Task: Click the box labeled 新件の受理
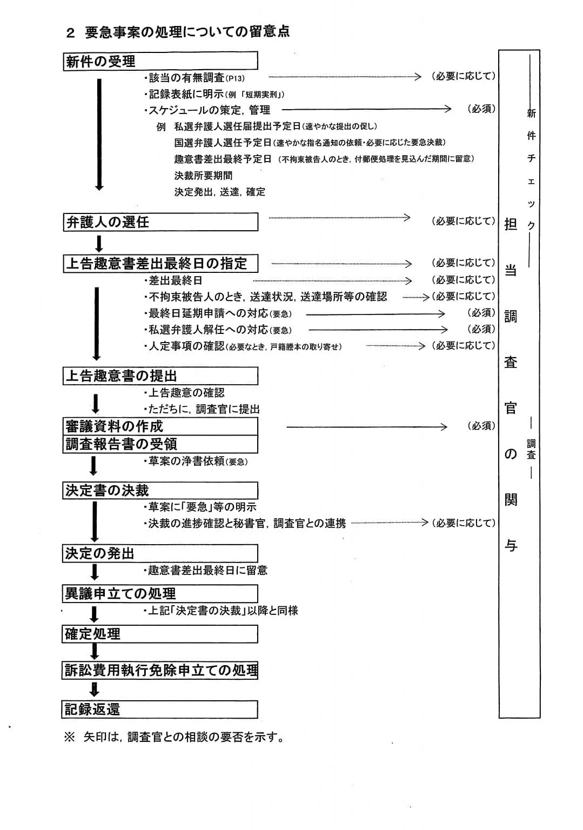pos(160,61)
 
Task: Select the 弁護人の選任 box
pos(160,222)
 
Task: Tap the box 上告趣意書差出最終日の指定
pos(160,263)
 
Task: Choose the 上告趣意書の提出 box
pos(160,376)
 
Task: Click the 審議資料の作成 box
pos(160,426)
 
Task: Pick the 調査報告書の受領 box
pos(160,444)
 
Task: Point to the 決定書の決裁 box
pos(160,491)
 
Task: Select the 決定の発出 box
pos(160,553)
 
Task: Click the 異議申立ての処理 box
pos(160,593)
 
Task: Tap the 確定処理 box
pos(160,634)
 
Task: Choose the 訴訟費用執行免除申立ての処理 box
pos(160,671)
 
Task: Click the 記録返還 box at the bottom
pos(160,709)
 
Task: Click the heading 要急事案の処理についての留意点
pos(187,32)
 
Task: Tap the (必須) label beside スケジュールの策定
pos(481,109)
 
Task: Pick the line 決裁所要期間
pos(203,176)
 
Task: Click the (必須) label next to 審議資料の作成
pos(481,426)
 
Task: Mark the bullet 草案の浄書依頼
pos(196,461)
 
